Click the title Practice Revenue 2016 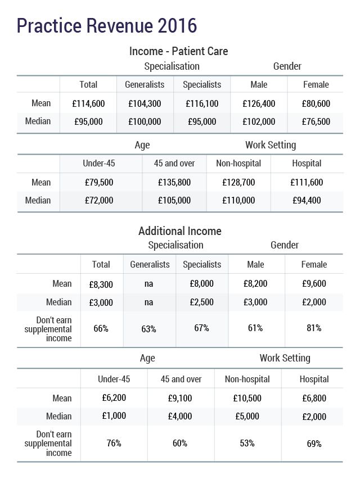(x=107, y=25)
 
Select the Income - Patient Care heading (x=178, y=51)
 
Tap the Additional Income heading (x=179, y=231)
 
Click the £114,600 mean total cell (x=88, y=103)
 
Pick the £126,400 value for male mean (x=259, y=103)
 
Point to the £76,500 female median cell (x=316, y=121)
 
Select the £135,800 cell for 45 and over (x=174, y=182)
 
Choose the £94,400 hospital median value (x=307, y=200)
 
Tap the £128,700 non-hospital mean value (x=238, y=182)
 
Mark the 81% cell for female (x=314, y=328)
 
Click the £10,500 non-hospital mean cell (x=247, y=398)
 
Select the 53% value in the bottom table (x=247, y=443)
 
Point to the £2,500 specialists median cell (x=201, y=302)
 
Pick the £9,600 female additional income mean (x=314, y=284)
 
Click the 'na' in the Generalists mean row (x=148, y=284)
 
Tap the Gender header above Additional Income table (x=285, y=245)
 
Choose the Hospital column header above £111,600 (x=307, y=164)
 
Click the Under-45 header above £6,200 (x=114, y=379)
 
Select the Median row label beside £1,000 (x=62, y=416)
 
